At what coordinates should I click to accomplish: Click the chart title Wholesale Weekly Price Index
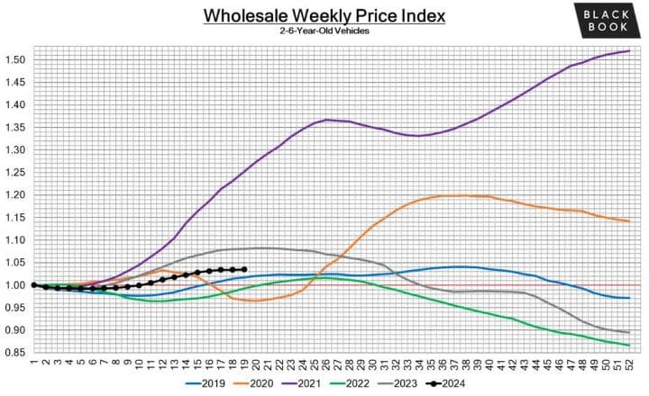pyautogui.click(x=324, y=15)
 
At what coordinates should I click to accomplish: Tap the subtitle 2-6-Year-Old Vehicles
pyautogui.click(x=324, y=32)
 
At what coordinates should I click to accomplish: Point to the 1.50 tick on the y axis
pyautogui.click(x=15, y=59)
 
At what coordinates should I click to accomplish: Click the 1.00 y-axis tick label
pyautogui.click(x=15, y=285)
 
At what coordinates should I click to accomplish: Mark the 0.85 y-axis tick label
pyautogui.click(x=15, y=353)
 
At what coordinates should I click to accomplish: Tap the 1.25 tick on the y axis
pyautogui.click(x=15, y=172)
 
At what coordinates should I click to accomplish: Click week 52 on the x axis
pyautogui.click(x=628, y=364)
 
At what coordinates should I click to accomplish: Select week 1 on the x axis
pyautogui.click(x=33, y=364)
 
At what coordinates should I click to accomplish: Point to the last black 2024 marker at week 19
pyautogui.click(x=244, y=269)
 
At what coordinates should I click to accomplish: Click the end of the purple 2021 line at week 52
pyautogui.click(x=628, y=50)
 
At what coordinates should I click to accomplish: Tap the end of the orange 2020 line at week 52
pyautogui.click(x=628, y=220)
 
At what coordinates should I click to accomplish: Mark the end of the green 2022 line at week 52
pyautogui.click(x=628, y=346)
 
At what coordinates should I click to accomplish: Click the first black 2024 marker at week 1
pyautogui.click(x=33, y=284)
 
